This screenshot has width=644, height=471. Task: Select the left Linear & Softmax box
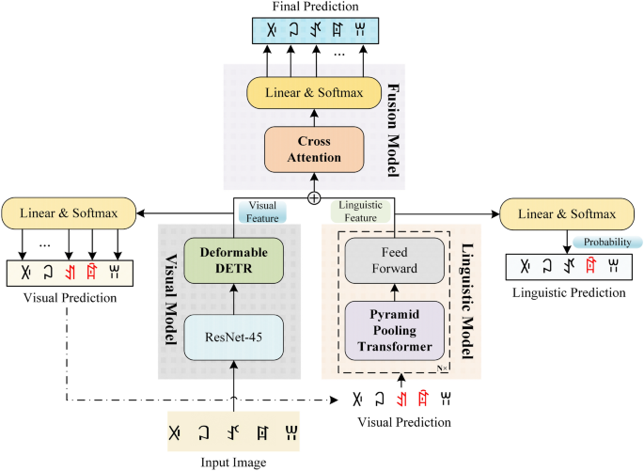pyautogui.click(x=68, y=212)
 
